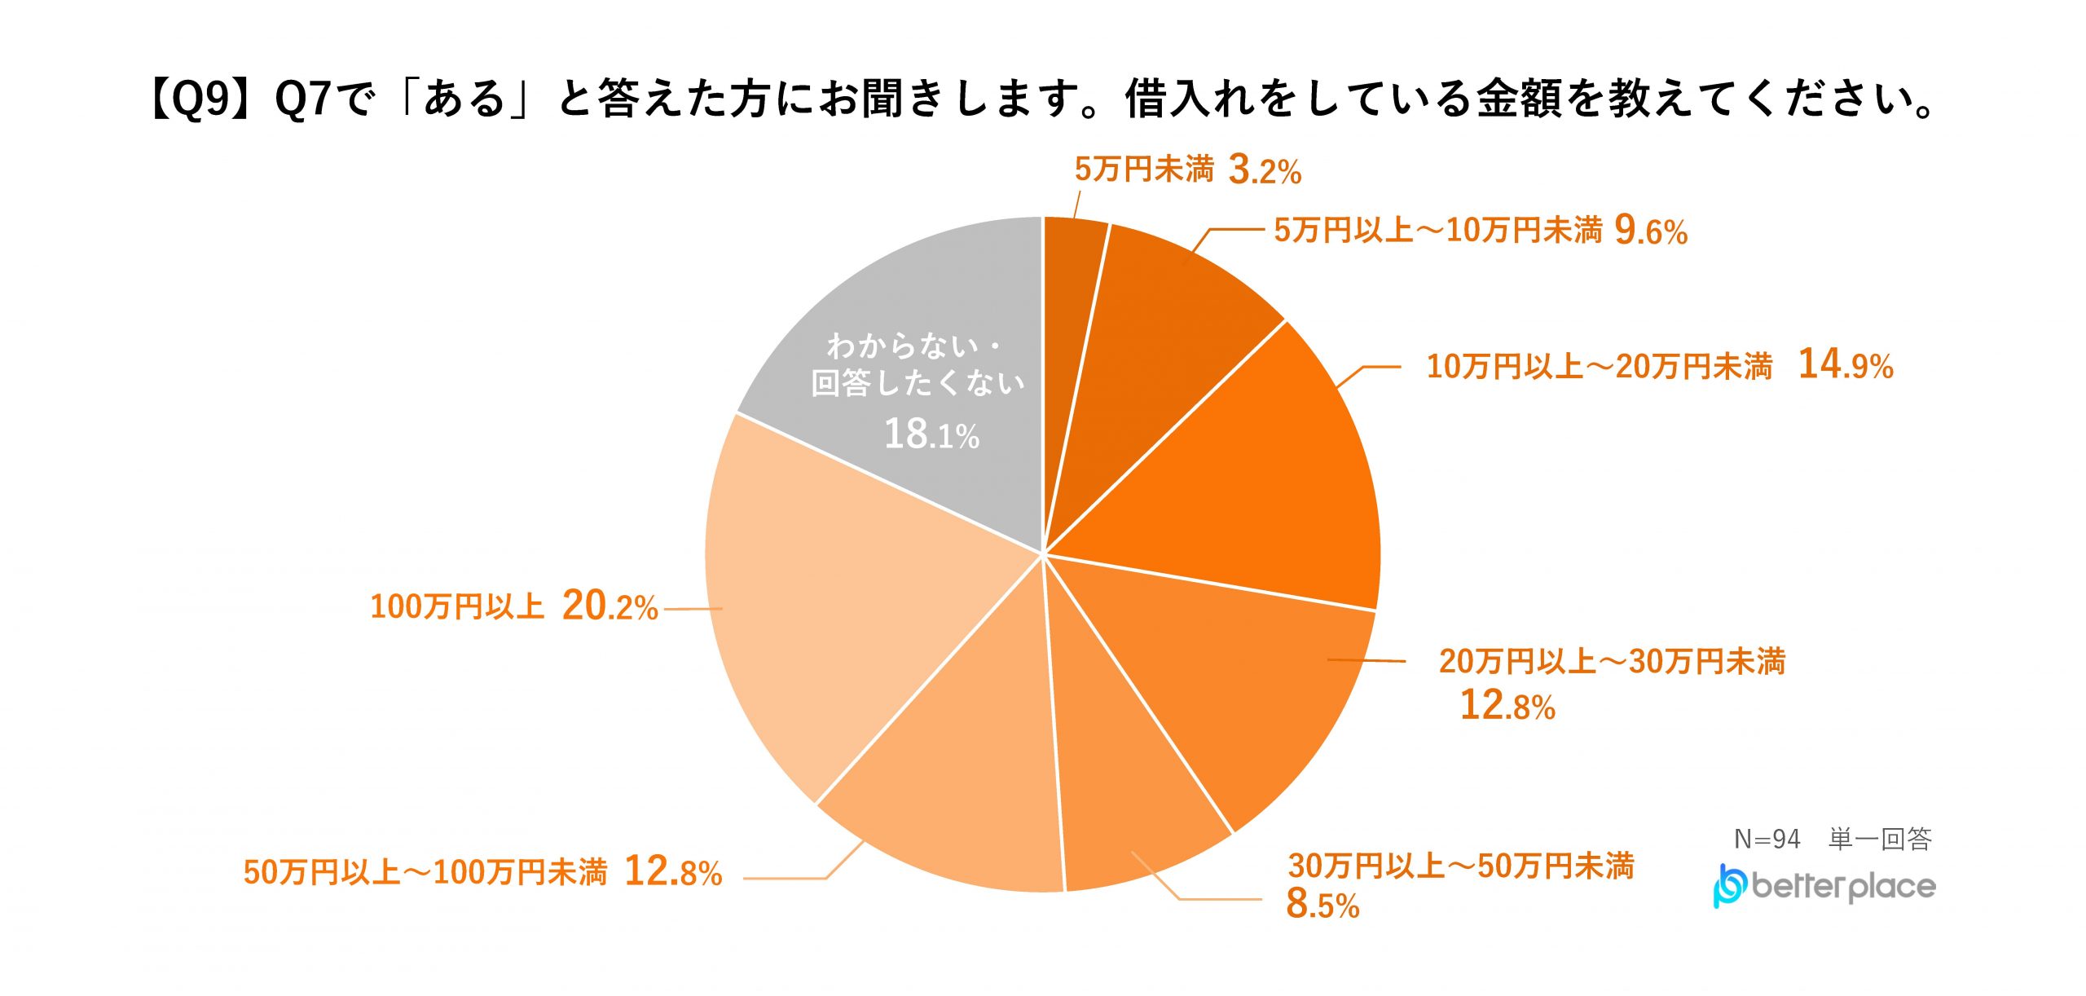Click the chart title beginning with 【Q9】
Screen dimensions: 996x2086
(1041, 99)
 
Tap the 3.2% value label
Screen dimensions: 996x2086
(1265, 170)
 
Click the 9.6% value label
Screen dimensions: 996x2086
(1651, 231)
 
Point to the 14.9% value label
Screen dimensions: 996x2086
(1846, 364)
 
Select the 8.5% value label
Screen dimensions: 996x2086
(1322, 904)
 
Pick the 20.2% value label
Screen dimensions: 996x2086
(610, 606)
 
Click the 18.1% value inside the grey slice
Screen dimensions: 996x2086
(931, 434)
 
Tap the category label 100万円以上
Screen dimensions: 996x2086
(457, 607)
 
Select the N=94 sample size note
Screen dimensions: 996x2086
(1767, 839)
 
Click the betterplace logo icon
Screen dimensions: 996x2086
(1729, 886)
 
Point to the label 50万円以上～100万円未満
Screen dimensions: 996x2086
(425, 873)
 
